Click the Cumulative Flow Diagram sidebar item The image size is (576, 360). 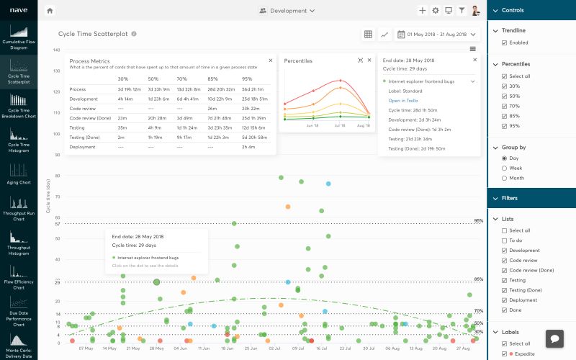(19, 36)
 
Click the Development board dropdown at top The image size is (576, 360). (287, 11)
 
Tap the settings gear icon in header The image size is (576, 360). (435, 11)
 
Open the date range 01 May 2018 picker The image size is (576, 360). (437, 34)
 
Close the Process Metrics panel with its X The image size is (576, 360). (271, 60)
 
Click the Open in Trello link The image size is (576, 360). (404, 101)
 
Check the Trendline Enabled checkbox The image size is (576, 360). (504, 42)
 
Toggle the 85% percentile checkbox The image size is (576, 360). (504, 117)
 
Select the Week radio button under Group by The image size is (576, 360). (504, 168)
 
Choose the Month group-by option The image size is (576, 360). (504, 178)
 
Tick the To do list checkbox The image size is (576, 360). (504, 240)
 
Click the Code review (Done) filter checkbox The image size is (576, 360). (504, 270)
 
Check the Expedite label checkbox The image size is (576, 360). (504, 354)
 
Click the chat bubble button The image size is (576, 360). (554, 338)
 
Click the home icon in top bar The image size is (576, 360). (50, 11)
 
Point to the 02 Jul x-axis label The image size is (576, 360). (274, 348)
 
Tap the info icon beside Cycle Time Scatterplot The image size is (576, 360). (135, 34)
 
